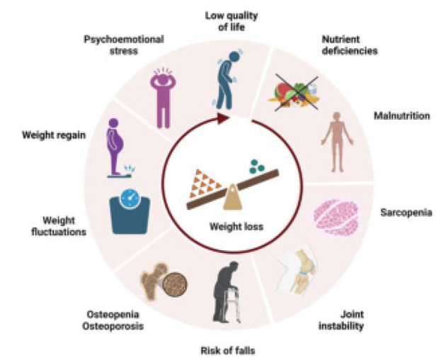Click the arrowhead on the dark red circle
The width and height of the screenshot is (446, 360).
point(224,120)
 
